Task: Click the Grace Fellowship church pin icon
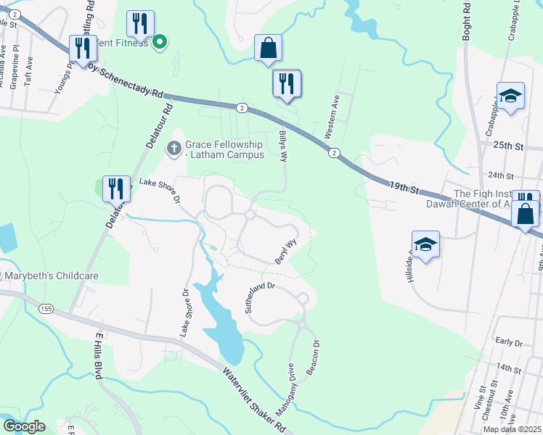point(173,149)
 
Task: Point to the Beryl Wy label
point(286,251)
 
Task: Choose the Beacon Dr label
point(314,357)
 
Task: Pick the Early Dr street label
point(508,341)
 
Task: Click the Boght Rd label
point(466,20)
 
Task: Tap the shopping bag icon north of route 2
point(268,48)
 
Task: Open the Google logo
point(24,426)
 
